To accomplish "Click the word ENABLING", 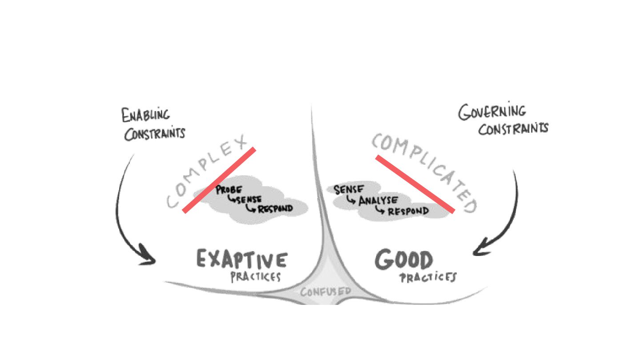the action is point(145,115).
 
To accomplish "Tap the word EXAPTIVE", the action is point(242,260).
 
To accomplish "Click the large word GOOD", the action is point(404,260).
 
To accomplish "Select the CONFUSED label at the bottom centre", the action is point(326,292).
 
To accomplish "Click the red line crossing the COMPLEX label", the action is point(219,180).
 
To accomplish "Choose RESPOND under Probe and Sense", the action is point(275,208).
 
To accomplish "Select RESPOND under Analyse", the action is point(408,211).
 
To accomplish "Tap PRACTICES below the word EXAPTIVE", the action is point(256,277).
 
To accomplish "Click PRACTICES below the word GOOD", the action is point(428,278).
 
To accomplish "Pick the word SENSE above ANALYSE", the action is point(349,190).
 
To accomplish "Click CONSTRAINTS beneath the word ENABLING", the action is point(154,133).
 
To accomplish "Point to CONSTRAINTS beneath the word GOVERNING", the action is point(513,129).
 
